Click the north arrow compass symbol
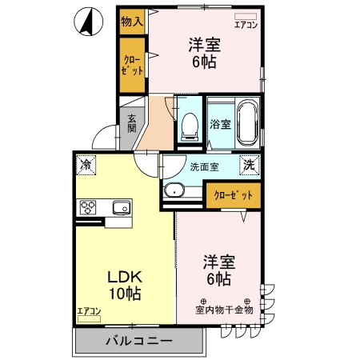90,22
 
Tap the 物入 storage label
131,22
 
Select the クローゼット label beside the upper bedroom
133,65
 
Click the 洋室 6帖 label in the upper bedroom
204,54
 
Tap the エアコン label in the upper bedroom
246,26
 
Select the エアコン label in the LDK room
89,311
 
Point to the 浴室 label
220,124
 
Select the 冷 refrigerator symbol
86,165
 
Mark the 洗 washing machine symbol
250,165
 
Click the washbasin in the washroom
174,190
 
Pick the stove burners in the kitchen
89,208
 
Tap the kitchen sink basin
120,208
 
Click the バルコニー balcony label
139,342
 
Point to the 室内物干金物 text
224,309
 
